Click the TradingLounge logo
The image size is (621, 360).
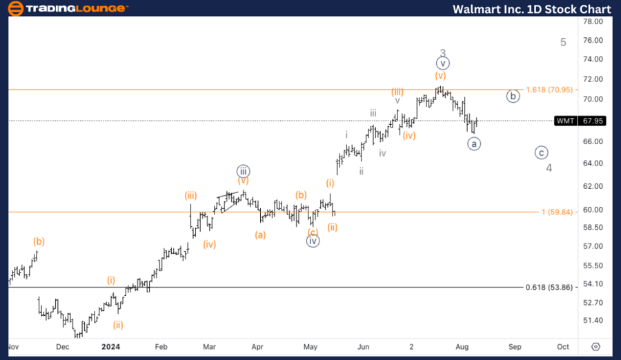coord(66,9)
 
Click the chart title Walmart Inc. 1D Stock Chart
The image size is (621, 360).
coord(531,9)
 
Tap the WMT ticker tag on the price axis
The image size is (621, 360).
coord(565,121)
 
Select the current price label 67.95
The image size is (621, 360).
coord(593,121)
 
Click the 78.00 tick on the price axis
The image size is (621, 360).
coord(593,21)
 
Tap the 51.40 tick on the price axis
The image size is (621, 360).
coord(593,321)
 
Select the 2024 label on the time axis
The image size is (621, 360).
coord(111,347)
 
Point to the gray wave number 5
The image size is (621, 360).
coord(563,43)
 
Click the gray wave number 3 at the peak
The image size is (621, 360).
coord(443,53)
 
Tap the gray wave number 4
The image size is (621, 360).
coord(549,168)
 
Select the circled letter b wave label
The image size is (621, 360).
coord(513,97)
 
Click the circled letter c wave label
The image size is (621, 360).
coord(542,152)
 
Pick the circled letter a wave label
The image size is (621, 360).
coord(473,143)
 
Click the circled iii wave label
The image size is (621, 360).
coord(243,170)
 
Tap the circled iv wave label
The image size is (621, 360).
coord(313,241)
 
